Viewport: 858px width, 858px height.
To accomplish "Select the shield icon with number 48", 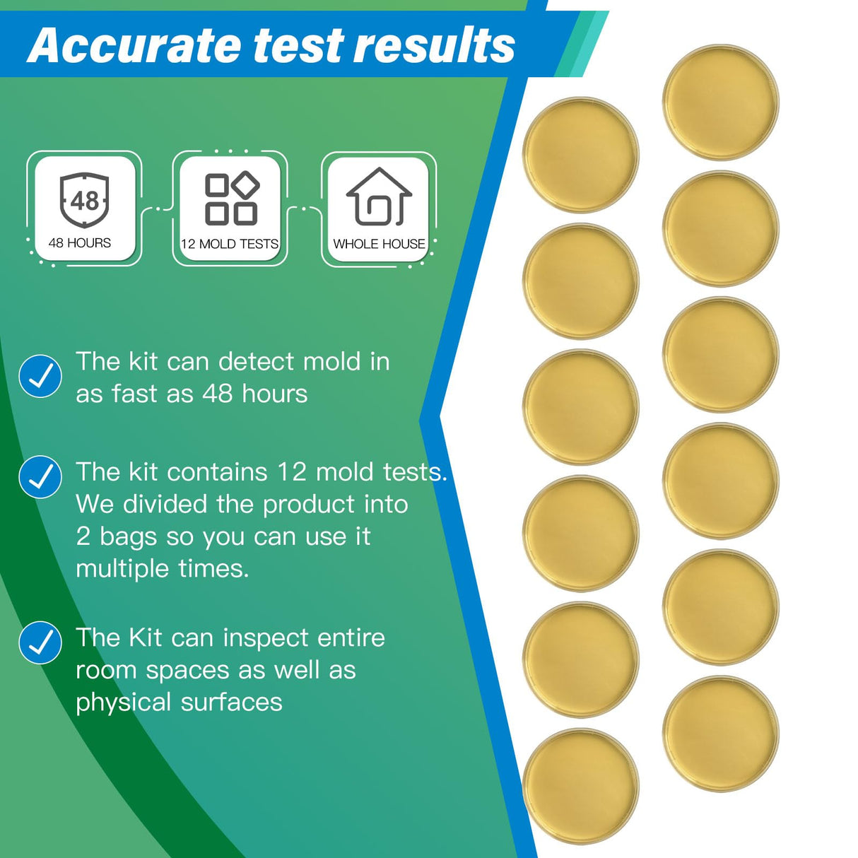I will tap(84, 200).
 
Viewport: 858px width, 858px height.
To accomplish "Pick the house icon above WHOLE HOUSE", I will tap(379, 197).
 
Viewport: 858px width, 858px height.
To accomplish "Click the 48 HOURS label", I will tap(80, 243).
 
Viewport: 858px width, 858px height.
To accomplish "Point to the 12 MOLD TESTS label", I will tap(230, 245).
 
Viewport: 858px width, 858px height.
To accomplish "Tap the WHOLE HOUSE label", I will tap(379, 245).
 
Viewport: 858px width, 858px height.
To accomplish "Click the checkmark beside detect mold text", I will tap(40, 376).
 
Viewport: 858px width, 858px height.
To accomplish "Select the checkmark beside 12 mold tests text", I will tap(40, 477).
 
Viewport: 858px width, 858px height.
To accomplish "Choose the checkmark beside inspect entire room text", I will tap(40, 642).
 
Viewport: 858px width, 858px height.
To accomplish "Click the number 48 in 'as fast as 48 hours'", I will tap(217, 394).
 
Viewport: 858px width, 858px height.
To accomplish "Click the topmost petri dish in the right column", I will tap(721, 102).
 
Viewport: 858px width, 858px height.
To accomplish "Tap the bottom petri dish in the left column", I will tap(581, 786).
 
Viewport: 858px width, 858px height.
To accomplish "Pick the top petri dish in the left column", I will tap(581, 155).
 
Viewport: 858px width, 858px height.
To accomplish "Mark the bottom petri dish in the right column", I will tap(721, 734).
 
